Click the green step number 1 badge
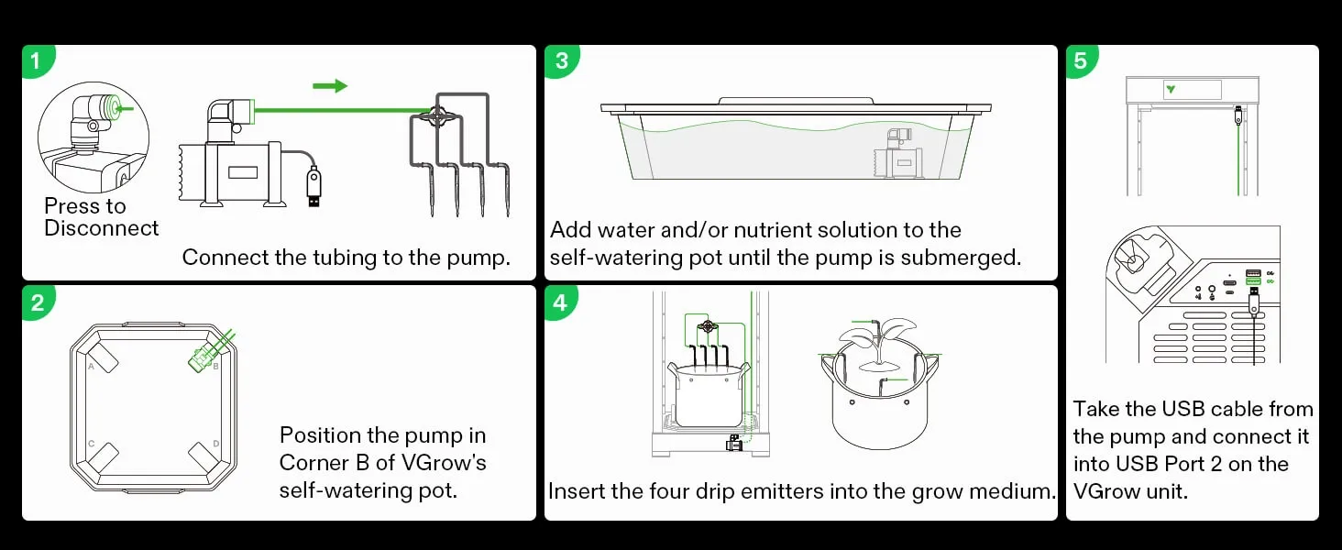pos(36,61)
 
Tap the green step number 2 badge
pos(37,303)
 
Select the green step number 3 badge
pos(561,61)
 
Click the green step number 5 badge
pos(1082,61)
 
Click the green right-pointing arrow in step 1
pos(330,86)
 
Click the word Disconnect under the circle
pos(101,228)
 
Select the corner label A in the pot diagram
pos(92,366)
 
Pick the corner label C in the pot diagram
pos(92,444)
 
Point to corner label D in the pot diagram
pos(215,444)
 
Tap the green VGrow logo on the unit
pos(1171,90)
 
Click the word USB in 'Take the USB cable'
pos(1180,409)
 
